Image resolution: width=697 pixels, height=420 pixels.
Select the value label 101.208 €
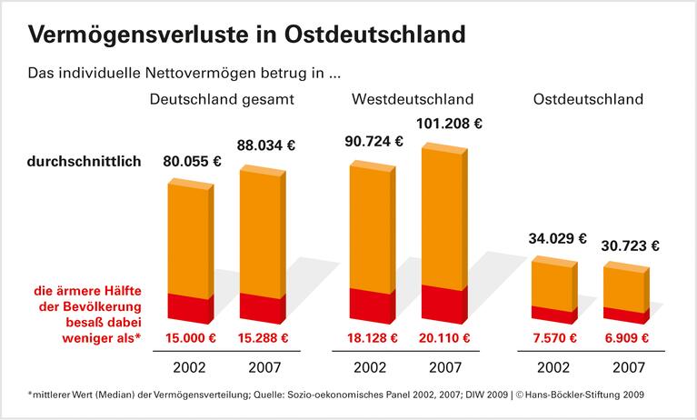pyautogui.click(x=449, y=123)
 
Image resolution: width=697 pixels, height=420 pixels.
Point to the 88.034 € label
pyautogui.click(x=266, y=145)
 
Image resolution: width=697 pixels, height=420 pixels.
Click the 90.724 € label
pyautogui.click(x=375, y=143)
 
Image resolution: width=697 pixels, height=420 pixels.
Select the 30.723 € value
pyautogui.click(x=630, y=245)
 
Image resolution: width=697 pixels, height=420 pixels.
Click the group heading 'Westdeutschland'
pyautogui.click(x=413, y=99)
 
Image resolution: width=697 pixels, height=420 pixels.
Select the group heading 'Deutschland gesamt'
pyautogui.click(x=222, y=99)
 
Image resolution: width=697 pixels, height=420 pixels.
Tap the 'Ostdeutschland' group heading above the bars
pyautogui.click(x=587, y=99)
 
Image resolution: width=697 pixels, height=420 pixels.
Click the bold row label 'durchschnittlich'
pyautogui.click(x=83, y=162)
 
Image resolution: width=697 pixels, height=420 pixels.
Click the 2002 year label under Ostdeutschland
pyautogui.click(x=554, y=370)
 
